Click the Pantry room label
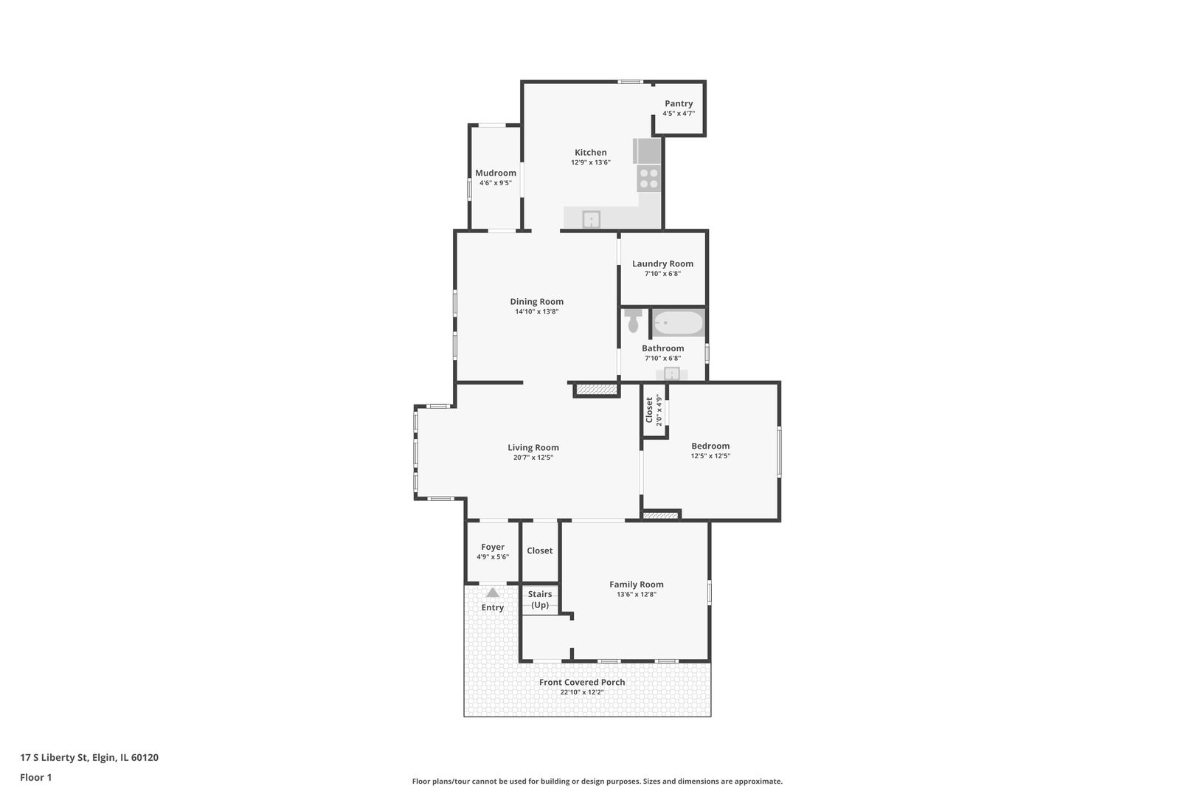(679, 103)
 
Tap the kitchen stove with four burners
(648, 179)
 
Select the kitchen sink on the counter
(591, 219)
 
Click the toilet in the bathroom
(633, 320)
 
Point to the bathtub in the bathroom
(679, 323)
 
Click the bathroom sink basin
(672, 373)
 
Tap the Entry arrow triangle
(493, 593)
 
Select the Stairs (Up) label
(540, 599)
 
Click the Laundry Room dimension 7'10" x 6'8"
(662, 274)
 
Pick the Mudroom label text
(496, 173)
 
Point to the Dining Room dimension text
(537, 311)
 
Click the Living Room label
(533, 448)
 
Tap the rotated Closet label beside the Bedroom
(649, 410)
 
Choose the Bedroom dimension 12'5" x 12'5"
(710, 456)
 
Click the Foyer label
(493, 547)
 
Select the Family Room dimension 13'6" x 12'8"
(637, 594)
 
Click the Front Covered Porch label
(582, 682)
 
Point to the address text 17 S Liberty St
(54, 757)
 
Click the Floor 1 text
(35, 777)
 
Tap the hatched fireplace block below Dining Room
(597, 390)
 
